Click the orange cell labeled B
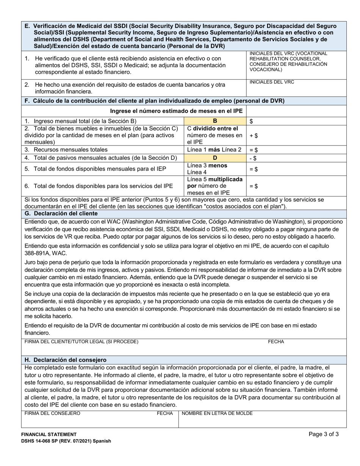(x=215, y=121)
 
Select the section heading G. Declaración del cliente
(x=61, y=214)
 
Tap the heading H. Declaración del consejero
(x=65, y=360)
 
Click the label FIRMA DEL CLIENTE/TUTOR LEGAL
(x=81, y=342)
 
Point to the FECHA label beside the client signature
(x=276, y=342)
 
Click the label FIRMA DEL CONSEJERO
(x=52, y=413)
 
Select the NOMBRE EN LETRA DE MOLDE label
(x=217, y=413)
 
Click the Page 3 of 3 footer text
(x=324, y=435)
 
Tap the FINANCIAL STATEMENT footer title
(x=49, y=435)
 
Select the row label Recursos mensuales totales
(x=66, y=150)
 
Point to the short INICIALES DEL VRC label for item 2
(x=271, y=82)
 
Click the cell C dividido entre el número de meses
(x=215, y=135)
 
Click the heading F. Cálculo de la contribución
(x=154, y=101)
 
